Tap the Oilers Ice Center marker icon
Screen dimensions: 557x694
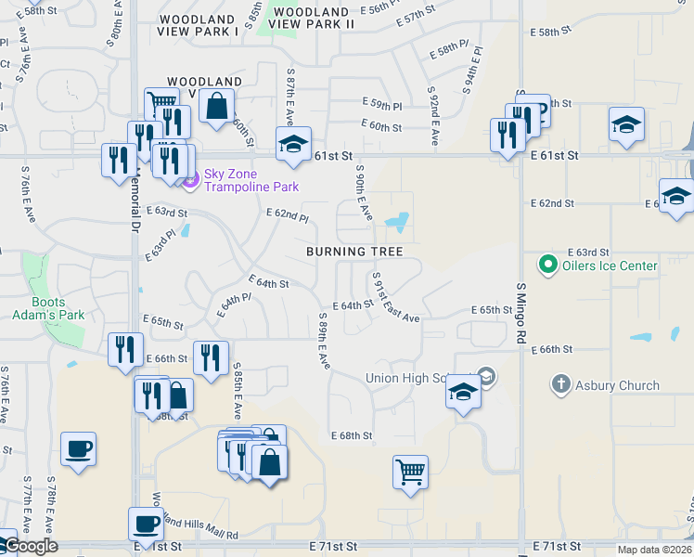point(547,266)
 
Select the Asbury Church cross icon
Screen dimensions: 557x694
point(560,384)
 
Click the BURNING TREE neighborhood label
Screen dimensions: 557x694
point(355,252)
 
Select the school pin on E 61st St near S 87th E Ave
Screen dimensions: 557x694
point(293,144)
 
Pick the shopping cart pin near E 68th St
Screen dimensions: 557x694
point(410,472)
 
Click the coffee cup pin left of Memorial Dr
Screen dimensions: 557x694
point(79,449)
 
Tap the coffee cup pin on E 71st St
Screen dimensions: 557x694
point(146,525)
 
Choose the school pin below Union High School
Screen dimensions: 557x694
point(463,392)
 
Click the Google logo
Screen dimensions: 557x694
point(30,546)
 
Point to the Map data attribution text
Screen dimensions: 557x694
point(655,550)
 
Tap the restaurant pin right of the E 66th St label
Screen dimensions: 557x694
point(211,358)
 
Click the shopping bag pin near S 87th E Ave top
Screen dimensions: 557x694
point(216,106)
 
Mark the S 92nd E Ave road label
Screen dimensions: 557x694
point(433,116)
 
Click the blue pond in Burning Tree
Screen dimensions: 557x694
point(398,222)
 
